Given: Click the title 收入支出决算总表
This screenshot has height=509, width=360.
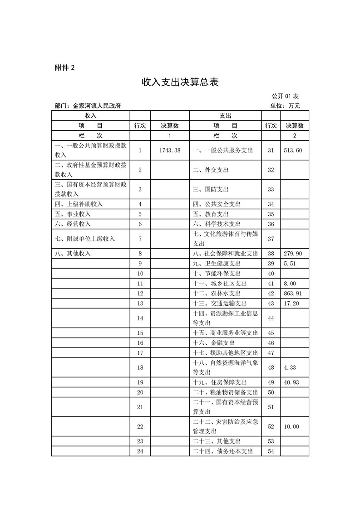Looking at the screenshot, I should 180,82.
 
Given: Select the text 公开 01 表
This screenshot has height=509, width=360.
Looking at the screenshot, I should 285,96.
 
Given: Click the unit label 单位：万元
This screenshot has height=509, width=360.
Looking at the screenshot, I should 285,106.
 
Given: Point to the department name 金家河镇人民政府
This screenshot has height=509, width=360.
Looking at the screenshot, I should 97,106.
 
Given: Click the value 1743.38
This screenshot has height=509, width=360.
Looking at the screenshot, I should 170,150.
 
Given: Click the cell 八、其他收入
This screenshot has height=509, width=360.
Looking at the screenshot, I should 73,254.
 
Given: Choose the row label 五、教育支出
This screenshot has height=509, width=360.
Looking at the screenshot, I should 211,214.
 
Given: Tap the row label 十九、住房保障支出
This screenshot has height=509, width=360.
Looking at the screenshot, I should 220,382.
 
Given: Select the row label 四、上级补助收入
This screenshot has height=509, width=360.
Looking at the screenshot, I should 79,204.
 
